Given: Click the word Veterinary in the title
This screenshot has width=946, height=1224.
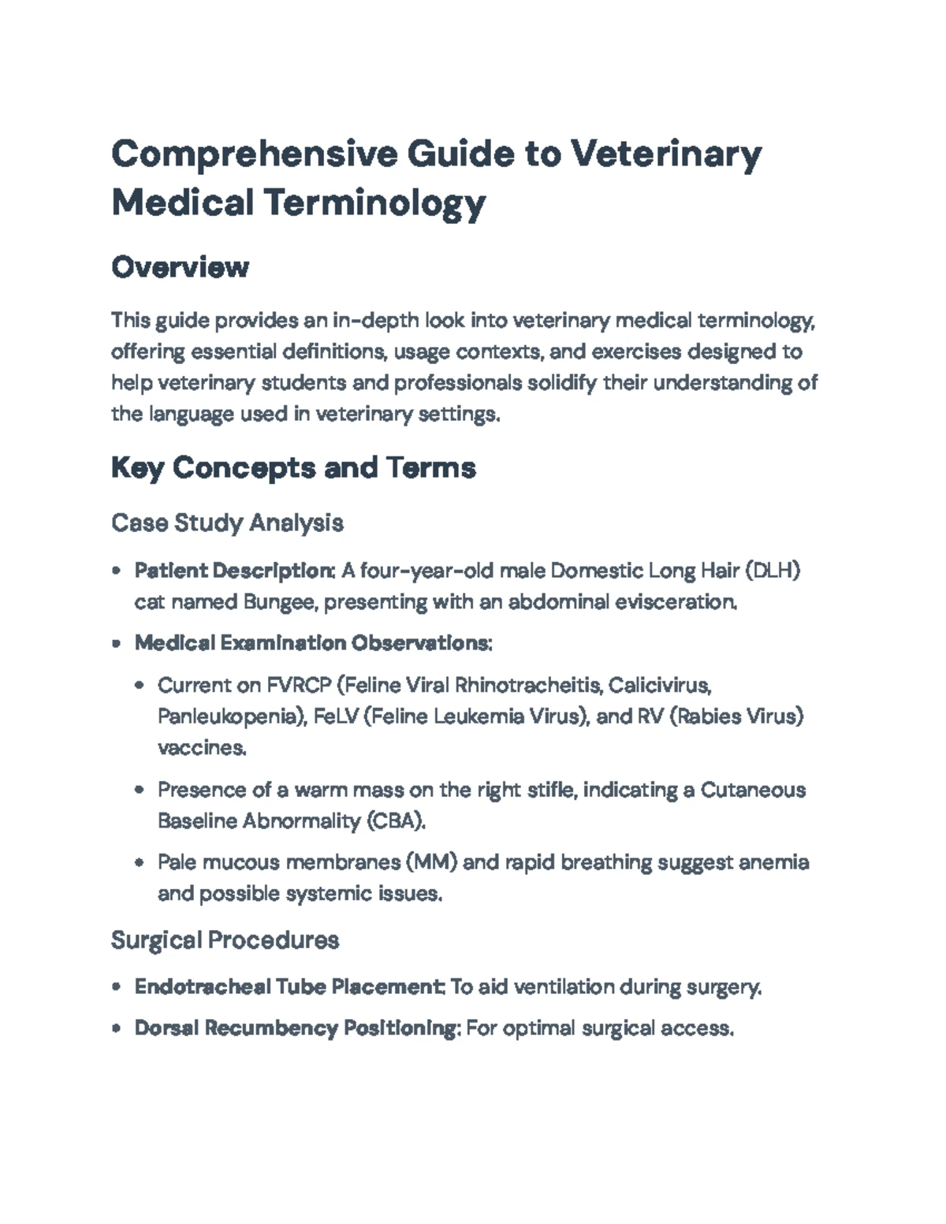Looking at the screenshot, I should [665, 154].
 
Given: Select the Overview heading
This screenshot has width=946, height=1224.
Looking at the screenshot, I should [180, 267].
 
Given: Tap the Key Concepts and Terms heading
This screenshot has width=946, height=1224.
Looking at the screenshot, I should [293, 467].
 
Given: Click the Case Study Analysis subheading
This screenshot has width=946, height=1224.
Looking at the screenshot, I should [227, 523].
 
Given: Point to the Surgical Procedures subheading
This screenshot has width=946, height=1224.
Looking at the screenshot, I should [225, 939].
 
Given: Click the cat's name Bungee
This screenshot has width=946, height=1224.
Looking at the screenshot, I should [279, 602].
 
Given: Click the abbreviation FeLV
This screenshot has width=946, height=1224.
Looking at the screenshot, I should [335, 716].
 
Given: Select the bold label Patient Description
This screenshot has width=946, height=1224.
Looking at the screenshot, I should [234, 570].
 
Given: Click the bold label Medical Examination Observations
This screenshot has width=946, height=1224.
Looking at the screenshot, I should [313, 643].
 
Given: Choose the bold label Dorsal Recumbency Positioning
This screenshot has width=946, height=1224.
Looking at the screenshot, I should [296, 1028].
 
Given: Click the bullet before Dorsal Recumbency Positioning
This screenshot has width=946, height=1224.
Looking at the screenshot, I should [116, 1029].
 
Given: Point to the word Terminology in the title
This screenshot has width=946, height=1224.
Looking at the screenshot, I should [374, 203].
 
